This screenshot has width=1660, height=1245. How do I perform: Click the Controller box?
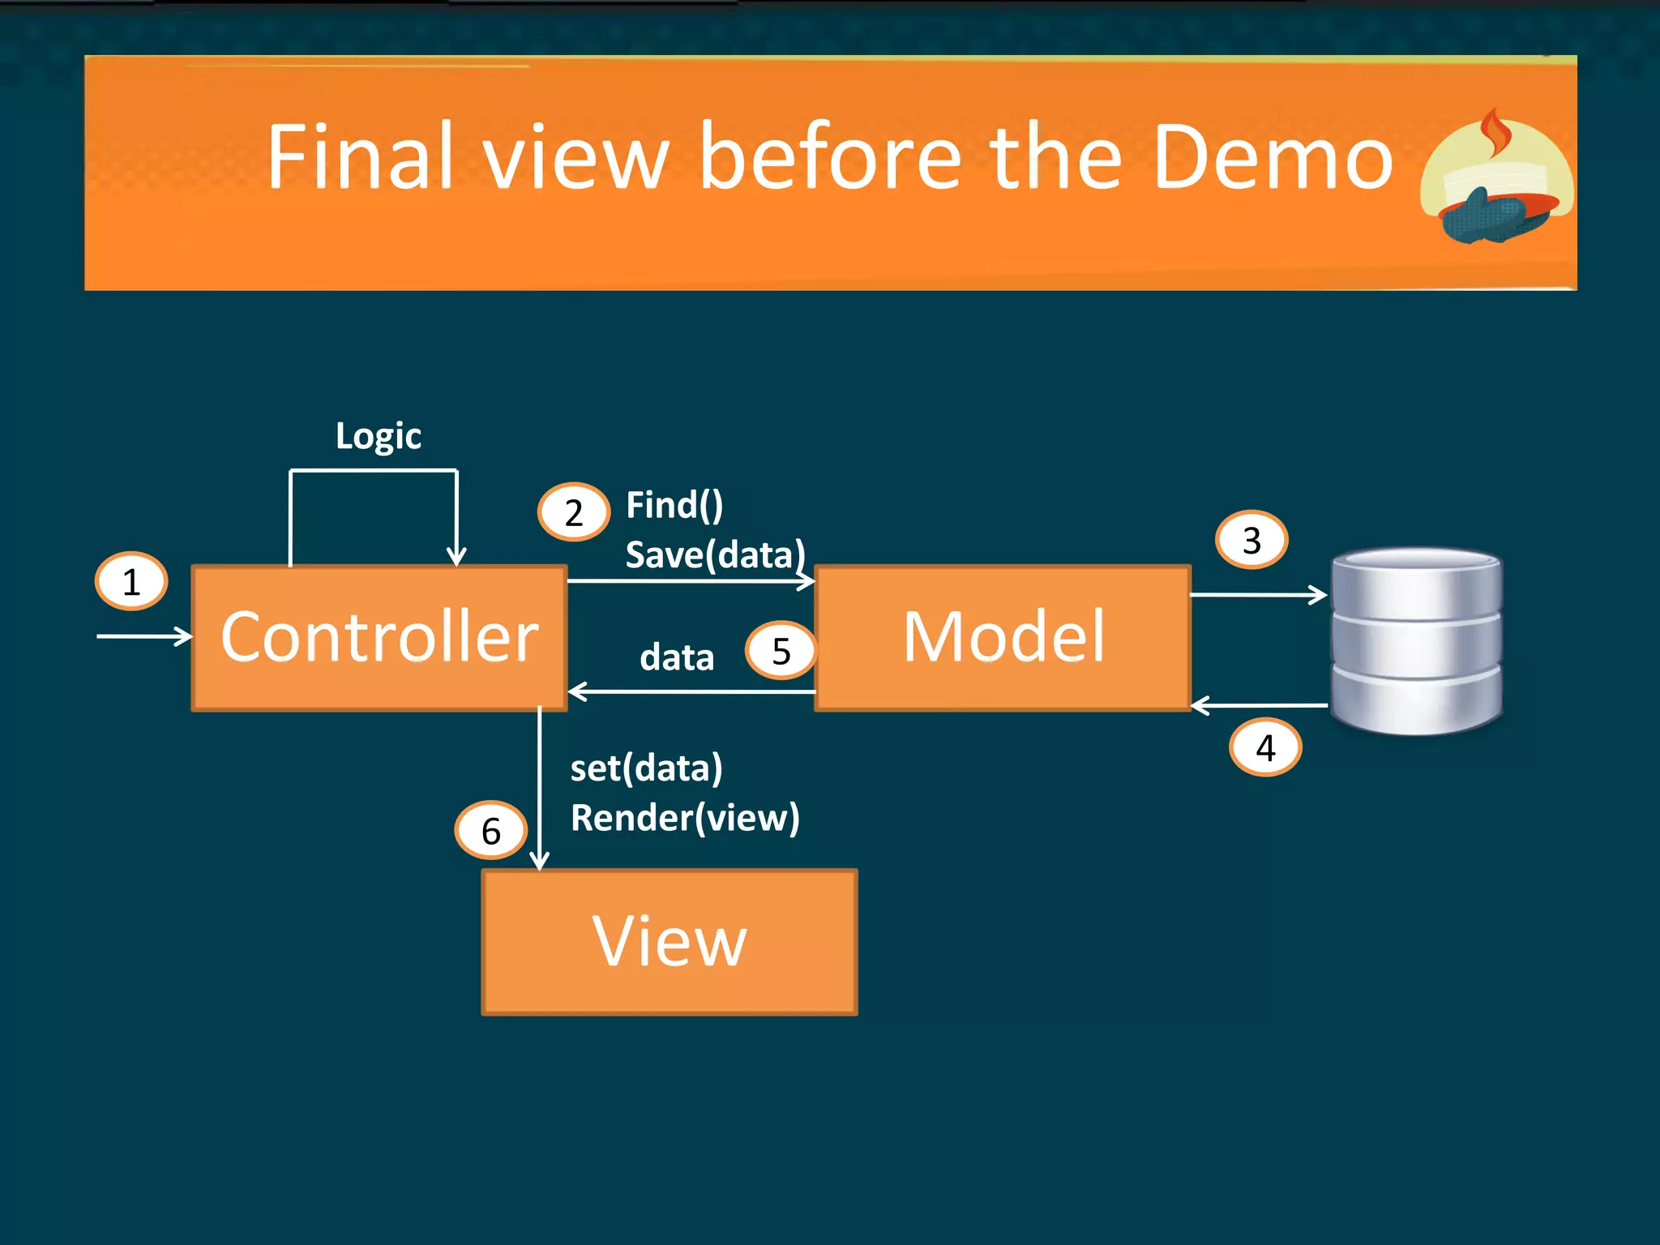[x=379, y=638]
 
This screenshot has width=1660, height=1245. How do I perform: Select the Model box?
[x=1003, y=638]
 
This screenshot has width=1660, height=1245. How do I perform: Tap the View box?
[x=670, y=942]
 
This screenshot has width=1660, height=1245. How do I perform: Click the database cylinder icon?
[x=1417, y=640]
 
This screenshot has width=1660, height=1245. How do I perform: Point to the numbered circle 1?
[x=131, y=581]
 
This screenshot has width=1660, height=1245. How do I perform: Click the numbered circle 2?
[x=574, y=512]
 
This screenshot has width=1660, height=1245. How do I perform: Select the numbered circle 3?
[x=1251, y=540]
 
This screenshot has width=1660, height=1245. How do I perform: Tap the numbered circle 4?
[x=1265, y=747]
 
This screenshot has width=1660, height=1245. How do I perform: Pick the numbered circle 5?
[x=781, y=651]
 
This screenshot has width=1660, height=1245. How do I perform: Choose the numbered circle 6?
[x=491, y=831]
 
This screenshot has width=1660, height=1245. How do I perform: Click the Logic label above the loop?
[x=379, y=436]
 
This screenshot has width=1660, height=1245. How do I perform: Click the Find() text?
[x=674, y=506]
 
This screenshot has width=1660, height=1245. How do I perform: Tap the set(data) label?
[x=646, y=768]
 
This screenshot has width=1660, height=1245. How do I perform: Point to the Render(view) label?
[x=685, y=818]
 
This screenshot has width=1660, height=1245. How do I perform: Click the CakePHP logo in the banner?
[x=1496, y=178]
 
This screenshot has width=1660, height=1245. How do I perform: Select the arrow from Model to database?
[x=1258, y=595]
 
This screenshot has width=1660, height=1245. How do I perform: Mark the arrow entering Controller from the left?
[x=144, y=636]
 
